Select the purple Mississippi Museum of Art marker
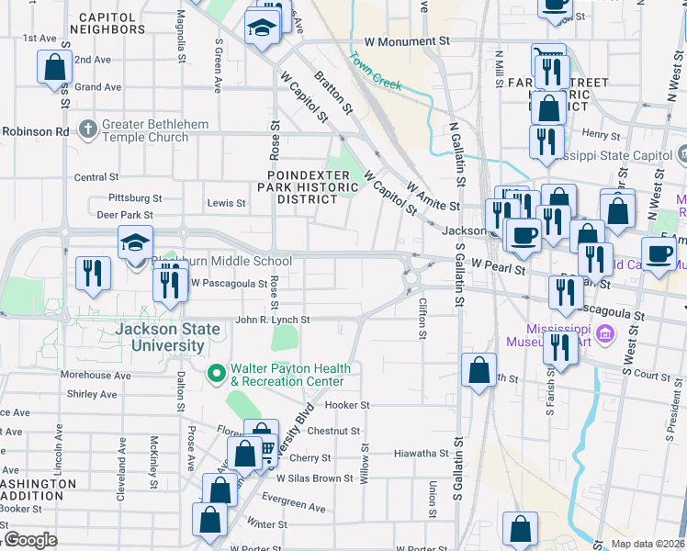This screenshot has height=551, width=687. (x=605, y=332)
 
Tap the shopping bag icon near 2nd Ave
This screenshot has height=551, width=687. (x=54, y=67)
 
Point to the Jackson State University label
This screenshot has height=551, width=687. (x=160, y=337)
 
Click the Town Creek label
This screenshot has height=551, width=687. (x=375, y=70)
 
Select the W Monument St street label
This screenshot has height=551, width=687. (x=407, y=41)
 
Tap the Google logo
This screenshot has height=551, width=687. (x=29, y=540)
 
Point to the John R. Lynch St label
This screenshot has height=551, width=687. (x=272, y=320)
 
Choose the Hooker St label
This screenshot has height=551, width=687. (x=347, y=405)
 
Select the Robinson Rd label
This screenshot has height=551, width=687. (x=35, y=131)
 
